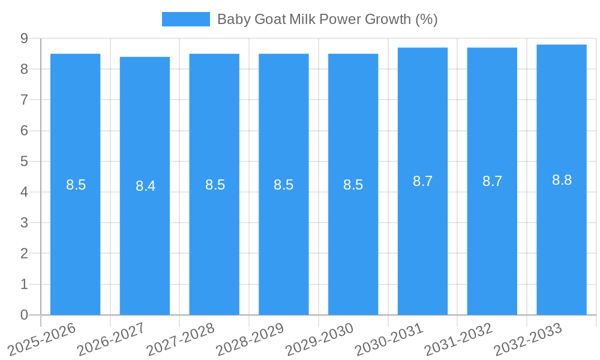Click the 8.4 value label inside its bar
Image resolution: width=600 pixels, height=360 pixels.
point(145,186)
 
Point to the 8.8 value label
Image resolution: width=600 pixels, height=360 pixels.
point(562,180)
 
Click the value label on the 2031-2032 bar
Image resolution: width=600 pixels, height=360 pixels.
point(492,181)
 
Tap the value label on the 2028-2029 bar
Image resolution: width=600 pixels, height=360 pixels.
point(283,185)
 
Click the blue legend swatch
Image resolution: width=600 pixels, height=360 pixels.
point(185,19)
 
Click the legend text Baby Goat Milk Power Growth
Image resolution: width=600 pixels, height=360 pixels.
point(327,19)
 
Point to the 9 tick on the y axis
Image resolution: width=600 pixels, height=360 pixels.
point(25,38)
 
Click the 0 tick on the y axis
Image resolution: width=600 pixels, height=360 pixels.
point(25,315)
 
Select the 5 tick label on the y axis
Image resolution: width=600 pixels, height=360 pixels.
point(25,161)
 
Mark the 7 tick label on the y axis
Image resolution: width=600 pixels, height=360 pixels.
point(25,100)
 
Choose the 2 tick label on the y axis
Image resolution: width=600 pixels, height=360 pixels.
point(25,253)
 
